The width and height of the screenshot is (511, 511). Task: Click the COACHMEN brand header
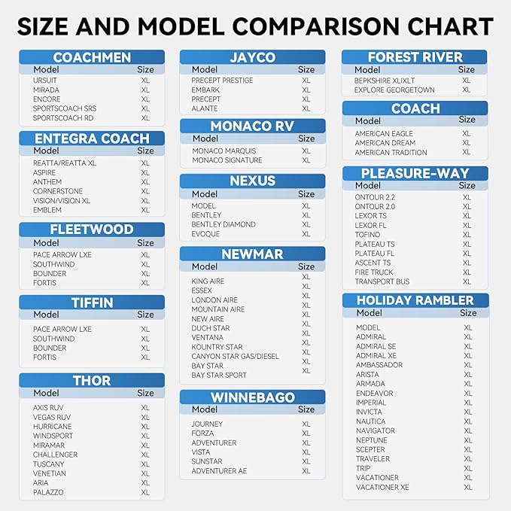(92, 57)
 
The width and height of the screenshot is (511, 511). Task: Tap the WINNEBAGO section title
(253, 397)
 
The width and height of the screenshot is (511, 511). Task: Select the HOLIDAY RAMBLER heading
(415, 300)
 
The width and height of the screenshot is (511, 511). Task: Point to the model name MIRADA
(46, 90)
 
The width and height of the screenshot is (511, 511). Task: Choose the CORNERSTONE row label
(58, 191)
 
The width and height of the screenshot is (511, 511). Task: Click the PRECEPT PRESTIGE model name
(222, 81)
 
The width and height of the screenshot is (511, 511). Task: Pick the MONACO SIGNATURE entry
(227, 160)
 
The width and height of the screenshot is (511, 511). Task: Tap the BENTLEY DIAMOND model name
(224, 224)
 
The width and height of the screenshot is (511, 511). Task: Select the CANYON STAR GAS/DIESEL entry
(236, 356)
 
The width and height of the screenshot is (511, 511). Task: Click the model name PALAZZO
(48, 492)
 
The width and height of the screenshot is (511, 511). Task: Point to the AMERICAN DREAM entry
(385, 143)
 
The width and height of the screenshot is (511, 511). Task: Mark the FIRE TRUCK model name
(374, 272)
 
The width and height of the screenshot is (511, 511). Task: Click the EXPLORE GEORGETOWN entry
(394, 90)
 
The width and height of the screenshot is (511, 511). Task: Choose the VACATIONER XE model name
(382, 487)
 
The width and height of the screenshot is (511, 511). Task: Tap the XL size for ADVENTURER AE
(306, 471)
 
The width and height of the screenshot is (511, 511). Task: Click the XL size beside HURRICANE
(145, 426)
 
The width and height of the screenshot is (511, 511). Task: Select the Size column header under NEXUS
(306, 194)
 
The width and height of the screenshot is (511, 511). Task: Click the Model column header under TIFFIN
(46, 314)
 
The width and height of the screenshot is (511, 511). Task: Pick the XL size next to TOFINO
(467, 235)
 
